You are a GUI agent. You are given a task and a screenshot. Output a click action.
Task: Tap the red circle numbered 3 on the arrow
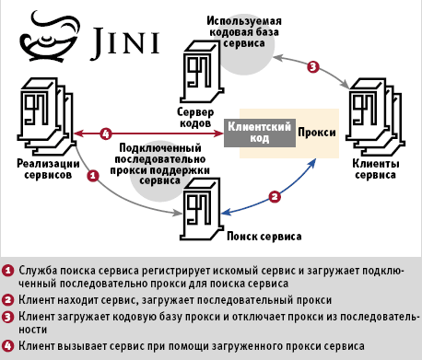(313, 66)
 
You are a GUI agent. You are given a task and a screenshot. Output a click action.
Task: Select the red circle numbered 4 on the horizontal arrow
(106, 134)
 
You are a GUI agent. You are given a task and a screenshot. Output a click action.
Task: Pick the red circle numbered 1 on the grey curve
(93, 176)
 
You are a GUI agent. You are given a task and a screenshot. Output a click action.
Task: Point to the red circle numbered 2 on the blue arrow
(275, 196)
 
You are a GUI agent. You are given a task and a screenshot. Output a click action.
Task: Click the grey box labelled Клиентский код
(260, 133)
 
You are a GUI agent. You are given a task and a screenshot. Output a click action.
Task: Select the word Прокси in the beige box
(317, 133)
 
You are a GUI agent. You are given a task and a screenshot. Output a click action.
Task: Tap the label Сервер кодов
(195, 118)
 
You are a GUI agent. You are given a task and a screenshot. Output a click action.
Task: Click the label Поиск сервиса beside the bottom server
(264, 237)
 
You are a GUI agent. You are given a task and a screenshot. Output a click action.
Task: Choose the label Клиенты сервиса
(376, 169)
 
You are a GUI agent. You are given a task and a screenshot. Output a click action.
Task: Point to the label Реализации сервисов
(48, 169)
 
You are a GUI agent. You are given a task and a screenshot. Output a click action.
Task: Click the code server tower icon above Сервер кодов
(202, 72)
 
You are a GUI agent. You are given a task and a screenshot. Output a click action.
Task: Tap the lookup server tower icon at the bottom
(202, 209)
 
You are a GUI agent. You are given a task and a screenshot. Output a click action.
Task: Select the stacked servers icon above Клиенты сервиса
(375, 117)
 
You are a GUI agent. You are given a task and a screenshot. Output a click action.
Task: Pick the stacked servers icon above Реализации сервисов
(47, 117)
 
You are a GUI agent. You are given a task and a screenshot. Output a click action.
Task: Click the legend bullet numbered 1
(7, 271)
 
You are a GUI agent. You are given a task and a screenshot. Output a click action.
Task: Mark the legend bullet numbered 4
(7, 346)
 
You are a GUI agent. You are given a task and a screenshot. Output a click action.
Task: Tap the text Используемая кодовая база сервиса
(244, 32)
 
